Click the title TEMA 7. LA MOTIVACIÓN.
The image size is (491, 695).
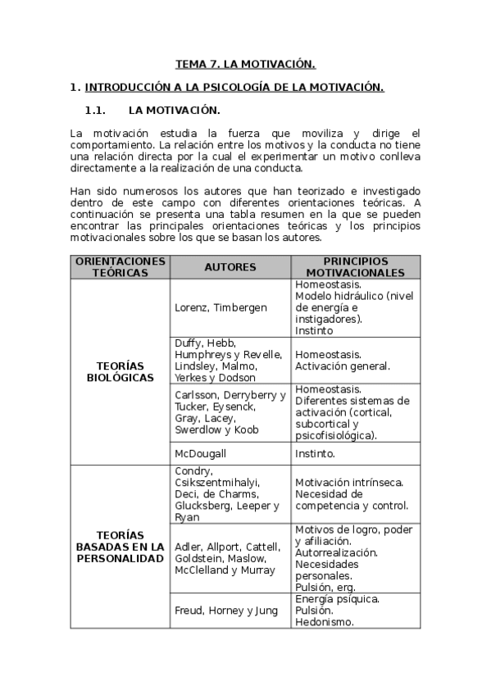[x=246, y=63]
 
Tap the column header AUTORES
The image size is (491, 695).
[x=230, y=267]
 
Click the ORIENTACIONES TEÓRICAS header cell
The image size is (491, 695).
[x=120, y=267]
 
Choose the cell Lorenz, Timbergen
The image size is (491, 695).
[x=209, y=307]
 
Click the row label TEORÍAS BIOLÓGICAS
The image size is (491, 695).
[x=120, y=372]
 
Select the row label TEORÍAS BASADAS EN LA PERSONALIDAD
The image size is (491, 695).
[x=120, y=547]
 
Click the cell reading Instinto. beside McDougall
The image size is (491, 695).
[x=315, y=452]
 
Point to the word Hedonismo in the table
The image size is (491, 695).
[x=324, y=621]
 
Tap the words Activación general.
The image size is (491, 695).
[x=342, y=366]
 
